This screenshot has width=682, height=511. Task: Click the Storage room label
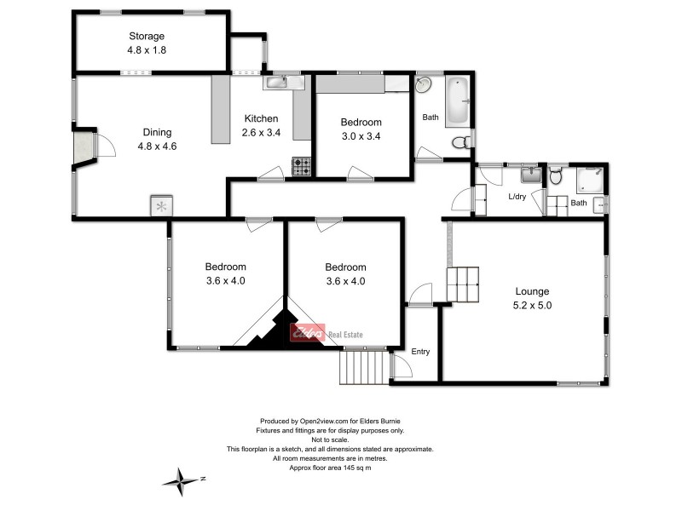[x=146, y=36]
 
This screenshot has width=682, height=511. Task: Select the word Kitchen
[x=261, y=118]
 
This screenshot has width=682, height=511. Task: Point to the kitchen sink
[x=276, y=82]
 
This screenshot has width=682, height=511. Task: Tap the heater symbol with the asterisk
[x=162, y=205]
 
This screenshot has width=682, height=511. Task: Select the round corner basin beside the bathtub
[x=425, y=85]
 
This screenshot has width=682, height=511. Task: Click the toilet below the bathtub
[x=459, y=141]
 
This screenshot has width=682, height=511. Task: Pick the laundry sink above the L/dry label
[x=529, y=176]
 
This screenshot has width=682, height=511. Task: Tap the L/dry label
[x=517, y=197]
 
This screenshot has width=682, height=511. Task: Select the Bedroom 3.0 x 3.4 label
[x=361, y=129]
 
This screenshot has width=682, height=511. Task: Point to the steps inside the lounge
[x=464, y=283]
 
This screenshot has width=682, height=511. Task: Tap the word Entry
[x=421, y=351]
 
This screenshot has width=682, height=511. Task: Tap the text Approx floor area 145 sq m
[x=330, y=468]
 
